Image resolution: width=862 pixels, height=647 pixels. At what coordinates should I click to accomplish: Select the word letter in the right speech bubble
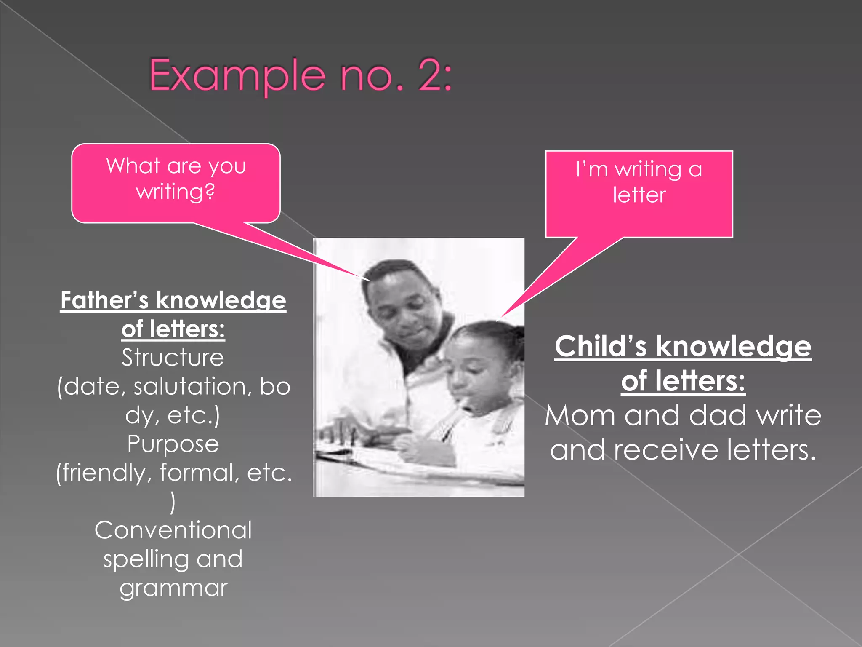pos(639,195)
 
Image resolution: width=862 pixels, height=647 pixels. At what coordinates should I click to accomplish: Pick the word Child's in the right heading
pos(601,346)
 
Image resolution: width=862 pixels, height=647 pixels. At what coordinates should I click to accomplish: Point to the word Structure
pos(173,358)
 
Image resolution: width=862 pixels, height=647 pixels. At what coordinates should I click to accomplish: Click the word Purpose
pos(173,444)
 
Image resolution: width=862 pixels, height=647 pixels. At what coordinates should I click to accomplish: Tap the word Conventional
pos(173,530)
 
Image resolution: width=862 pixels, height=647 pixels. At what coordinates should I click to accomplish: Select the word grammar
pos(173,588)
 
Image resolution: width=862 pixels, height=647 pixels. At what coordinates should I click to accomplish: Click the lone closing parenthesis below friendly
pos(173,502)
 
